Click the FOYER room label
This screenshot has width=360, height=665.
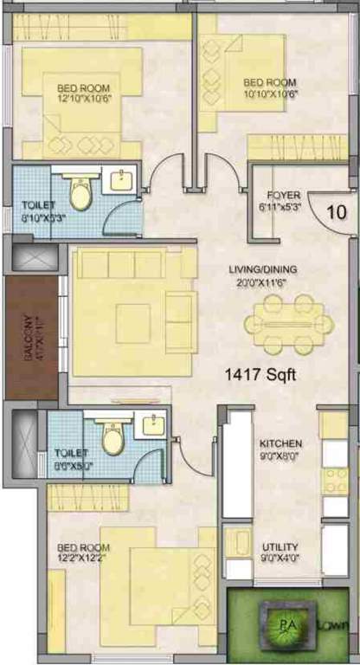click(x=283, y=195)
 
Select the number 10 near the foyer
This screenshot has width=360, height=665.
click(x=336, y=211)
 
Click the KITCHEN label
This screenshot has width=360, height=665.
click(x=280, y=443)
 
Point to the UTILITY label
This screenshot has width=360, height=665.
click(x=280, y=547)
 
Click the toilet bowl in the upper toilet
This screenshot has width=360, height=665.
click(x=80, y=196)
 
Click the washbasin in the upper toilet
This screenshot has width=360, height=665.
click(x=120, y=182)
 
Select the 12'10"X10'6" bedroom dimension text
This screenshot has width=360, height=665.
click(x=85, y=100)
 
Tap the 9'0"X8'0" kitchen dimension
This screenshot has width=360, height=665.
click(x=280, y=455)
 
